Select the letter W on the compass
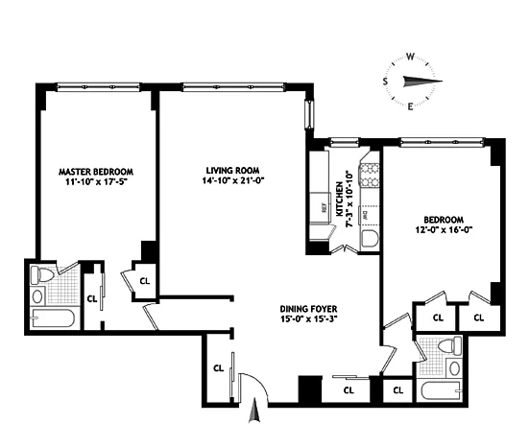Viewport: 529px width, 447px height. click(410, 56)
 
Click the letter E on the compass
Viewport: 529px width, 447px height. click(410, 106)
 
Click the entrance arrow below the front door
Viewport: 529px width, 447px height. click(253, 413)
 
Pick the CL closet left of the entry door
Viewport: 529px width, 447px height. click(217, 368)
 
